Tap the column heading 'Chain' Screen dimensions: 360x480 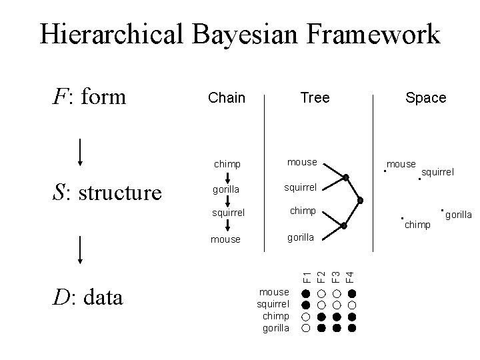[x=227, y=98]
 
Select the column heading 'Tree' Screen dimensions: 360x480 [x=315, y=98]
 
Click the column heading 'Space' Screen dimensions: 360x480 [x=425, y=98]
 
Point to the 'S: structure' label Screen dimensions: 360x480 [x=107, y=192]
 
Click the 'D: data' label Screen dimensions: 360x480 [x=87, y=297]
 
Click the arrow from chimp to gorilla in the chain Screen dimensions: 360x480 [x=227, y=177]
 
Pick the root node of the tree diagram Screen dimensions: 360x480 [x=360, y=201]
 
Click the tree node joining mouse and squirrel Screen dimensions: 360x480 [x=346, y=177]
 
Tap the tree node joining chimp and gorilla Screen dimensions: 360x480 [x=344, y=225]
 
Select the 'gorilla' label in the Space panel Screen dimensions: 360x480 [x=459, y=215]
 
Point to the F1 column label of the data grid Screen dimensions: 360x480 [x=306, y=274]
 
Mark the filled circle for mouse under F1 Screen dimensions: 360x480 [x=306, y=293]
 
